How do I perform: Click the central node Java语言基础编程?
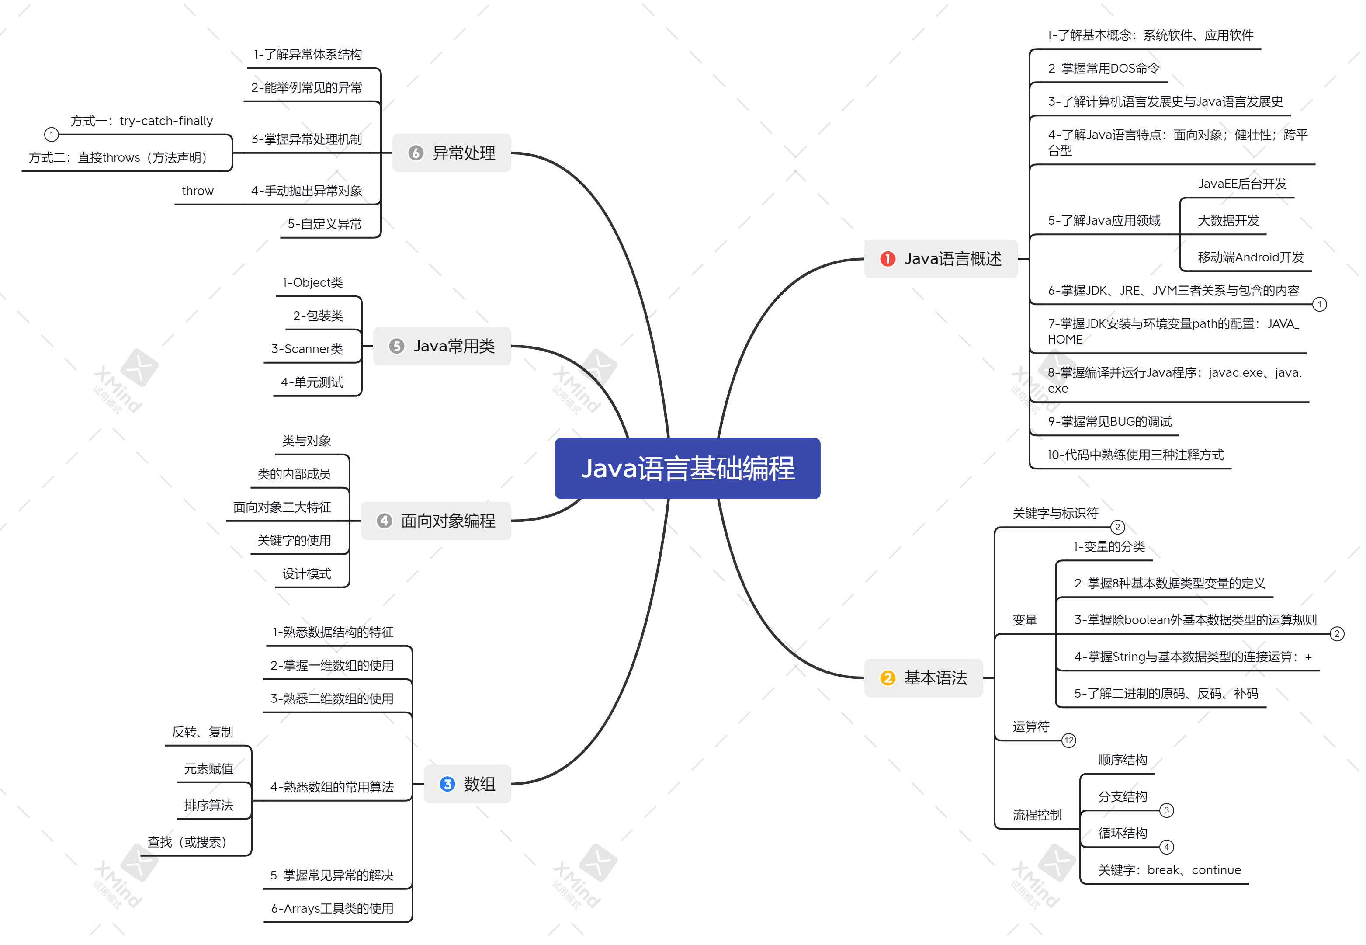coord(687,469)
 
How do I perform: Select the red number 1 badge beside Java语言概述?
coord(887,259)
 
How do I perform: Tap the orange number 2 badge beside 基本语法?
coord(887,678)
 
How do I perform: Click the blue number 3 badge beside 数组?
coord(447,784)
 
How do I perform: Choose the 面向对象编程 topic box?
coord(436,521)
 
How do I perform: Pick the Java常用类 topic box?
coord(442,346)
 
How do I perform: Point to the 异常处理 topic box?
coord(451,153)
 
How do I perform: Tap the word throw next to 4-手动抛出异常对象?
coord(198,191)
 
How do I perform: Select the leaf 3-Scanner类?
coord(307,349)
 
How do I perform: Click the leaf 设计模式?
coord(307,574)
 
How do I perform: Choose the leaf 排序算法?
coord(208,805)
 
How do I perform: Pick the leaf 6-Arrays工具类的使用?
coord(332,908)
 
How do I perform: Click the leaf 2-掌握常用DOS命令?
coord(1104,69)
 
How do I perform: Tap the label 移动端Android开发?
coord(1251,257)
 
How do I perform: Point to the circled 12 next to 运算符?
coord(1068,741)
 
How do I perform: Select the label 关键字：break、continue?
coord(1169,870)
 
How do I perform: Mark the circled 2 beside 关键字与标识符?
coord(1117,527)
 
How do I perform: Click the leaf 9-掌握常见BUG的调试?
coord(1110,422)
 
